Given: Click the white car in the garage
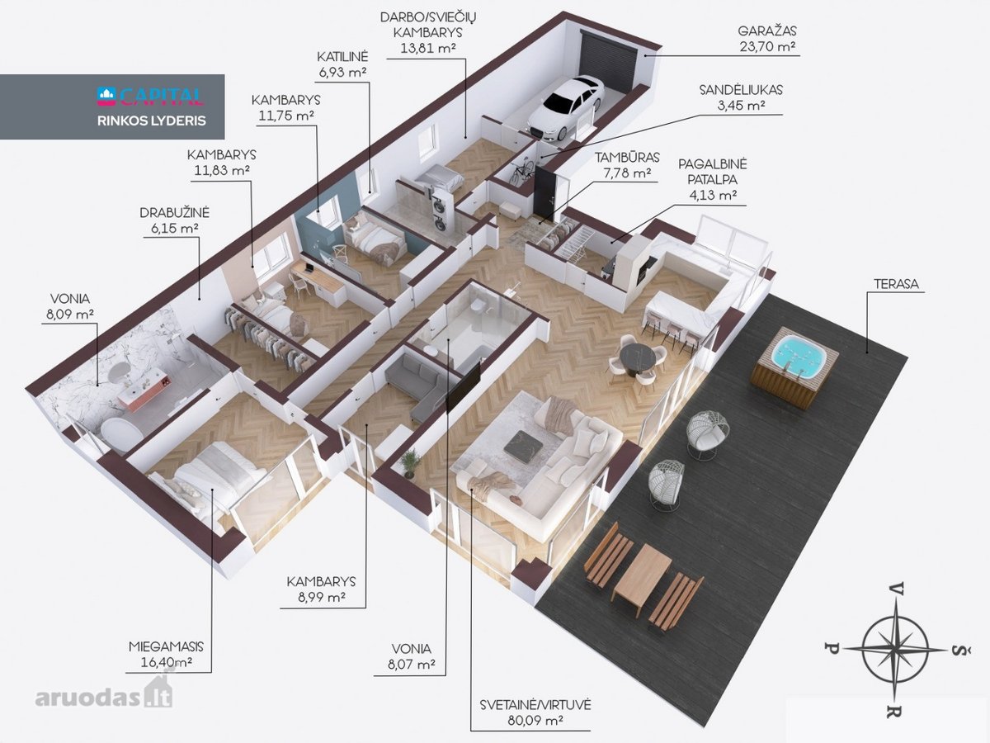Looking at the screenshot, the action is (566, 106).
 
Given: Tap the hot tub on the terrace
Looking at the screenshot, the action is (795, 367).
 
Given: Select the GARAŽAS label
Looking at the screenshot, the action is (767, 31).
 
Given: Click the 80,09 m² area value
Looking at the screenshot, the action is (535, 721).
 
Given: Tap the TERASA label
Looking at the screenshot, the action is (896, 284).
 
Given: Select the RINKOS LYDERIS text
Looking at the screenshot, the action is (152, 121).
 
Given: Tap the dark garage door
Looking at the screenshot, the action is (607, 62).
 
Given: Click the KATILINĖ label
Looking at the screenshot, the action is (342, 57).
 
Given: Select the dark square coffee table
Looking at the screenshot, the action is (523, 442).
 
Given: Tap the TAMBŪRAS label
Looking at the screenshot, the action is (627, 158).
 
